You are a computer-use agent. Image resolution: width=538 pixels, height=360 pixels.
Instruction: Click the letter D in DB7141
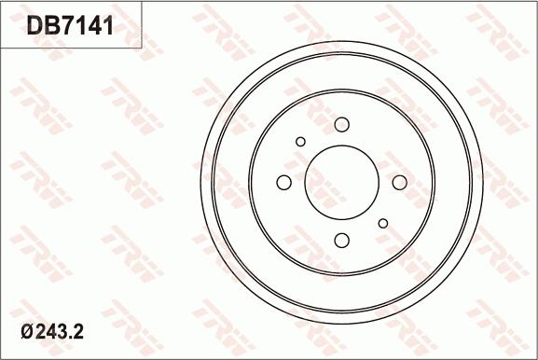[36, 26]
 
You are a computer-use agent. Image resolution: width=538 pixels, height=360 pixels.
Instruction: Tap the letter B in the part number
[54, 26]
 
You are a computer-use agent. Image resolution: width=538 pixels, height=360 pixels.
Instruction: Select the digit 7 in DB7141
[71, 26]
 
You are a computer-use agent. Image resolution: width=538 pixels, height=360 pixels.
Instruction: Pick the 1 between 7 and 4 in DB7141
[83, 26]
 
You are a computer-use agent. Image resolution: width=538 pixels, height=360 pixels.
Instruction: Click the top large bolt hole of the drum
[341, 124]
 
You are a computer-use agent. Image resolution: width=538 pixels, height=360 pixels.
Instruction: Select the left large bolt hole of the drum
[284, 182]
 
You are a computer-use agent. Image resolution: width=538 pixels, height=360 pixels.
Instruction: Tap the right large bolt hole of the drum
[399, 182]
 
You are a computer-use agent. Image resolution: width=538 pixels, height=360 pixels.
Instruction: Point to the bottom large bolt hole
[341, 240]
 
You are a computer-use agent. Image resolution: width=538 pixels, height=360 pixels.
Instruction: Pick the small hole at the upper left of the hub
[300, 141]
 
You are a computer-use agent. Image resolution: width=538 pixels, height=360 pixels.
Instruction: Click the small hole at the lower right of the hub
[382, 223]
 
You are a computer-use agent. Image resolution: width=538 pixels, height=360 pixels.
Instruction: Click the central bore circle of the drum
[342, 182]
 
